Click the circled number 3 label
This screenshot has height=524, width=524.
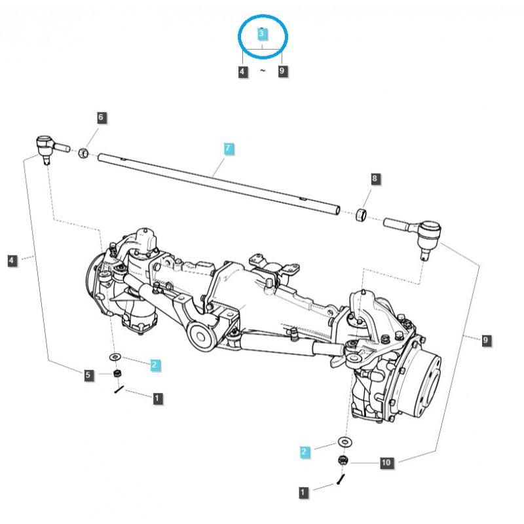pyautogui.click(x=261, y=33)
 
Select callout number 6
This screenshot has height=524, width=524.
pyautogui.click(x=101, y=118)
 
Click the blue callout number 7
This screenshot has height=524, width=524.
pyautogui.click(x=227, y=149)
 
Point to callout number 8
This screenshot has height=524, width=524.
pyautogui.click(x=375, y=178)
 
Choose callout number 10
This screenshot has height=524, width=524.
pyautogui.click(x=386, y=463)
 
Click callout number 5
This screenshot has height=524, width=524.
pyautogui.click(x=88, y=375)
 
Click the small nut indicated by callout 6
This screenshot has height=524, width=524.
pyautogui.click(x=84, y=154)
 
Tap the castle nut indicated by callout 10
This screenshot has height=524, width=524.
pyautogui.click(x=343, y=461)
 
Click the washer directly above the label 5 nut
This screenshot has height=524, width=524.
pyautogui.click(x=115, y=356)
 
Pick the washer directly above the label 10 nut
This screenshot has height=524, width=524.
pyautogui.click(x=343, y=440)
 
